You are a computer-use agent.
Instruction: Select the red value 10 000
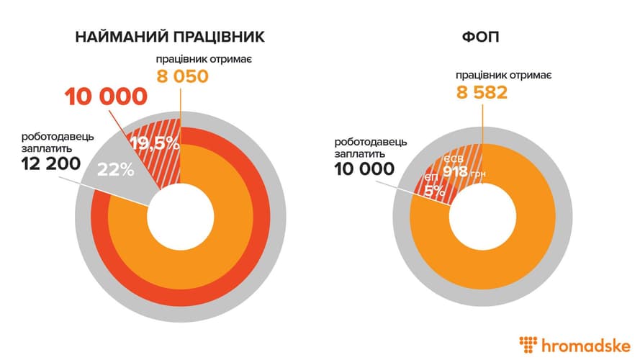pos(107,95)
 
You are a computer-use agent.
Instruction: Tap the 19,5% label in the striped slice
pos(156,143)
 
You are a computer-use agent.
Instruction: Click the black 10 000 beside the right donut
pos(364,169)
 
